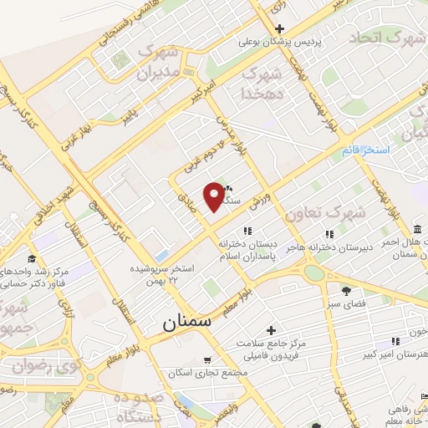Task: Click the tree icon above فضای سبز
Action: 345,290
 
